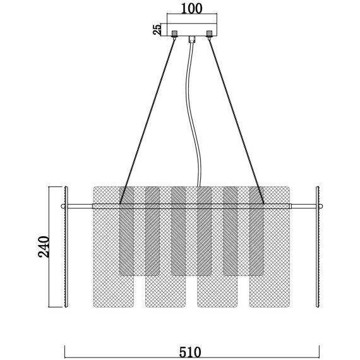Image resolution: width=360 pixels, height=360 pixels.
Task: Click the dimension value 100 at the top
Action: [x=192, y=8]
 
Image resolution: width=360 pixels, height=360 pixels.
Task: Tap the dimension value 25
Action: [x=157, y=30]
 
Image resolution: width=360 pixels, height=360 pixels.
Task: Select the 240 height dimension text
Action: [x=44, y=247]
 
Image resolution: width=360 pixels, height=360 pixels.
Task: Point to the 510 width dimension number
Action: [x=190, y=352]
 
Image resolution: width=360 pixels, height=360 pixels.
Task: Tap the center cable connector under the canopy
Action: [x=192, y=39]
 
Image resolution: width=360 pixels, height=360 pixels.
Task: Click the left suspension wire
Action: [x=147, y=122]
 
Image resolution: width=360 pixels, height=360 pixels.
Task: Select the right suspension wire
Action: [x=236, y=122]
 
